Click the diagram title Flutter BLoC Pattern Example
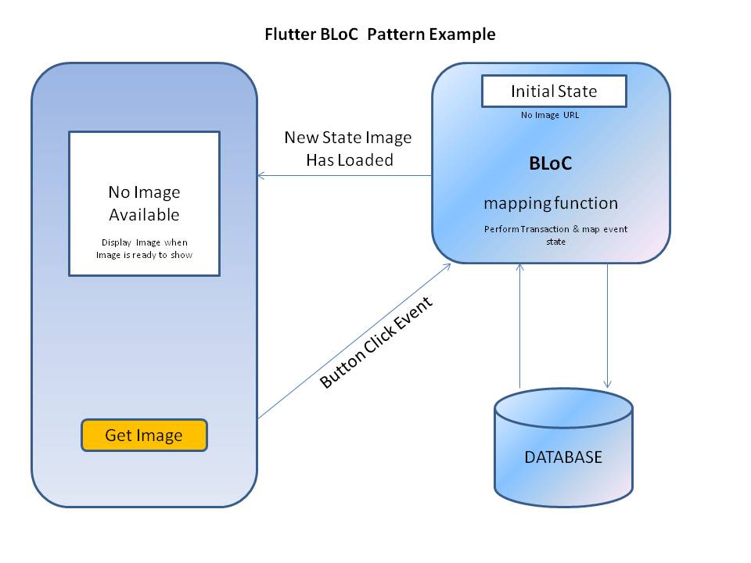[379, 34]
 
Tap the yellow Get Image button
[144, 436]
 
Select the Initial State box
[554, 91]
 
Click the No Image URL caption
[550, 116]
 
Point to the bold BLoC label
[550, 164]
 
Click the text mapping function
[551, 203]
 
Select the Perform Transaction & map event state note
[555, 235]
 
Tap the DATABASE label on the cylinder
[563, 457]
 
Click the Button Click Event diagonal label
[376, 342]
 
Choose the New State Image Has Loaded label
[347, 148]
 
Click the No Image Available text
[144, 203]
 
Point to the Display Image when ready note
[145, 249]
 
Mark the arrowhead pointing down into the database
[608, 383]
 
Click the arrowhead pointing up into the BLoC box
[519, 267]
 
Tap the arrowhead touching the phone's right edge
[261, 176]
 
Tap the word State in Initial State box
[578, 91]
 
